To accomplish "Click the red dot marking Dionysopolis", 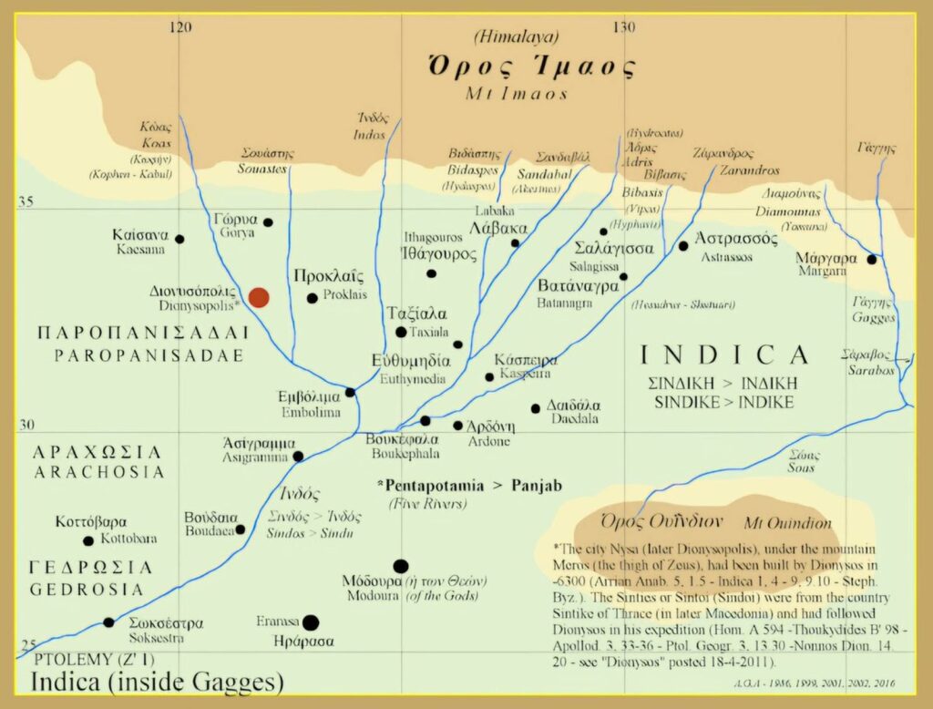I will point(259,297).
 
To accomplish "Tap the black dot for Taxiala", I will point(401,333).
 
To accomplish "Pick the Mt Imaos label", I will point(517,93).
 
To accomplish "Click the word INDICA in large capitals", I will point(723,354).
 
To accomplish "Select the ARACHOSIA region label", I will point(97,471).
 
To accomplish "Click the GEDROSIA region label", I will point(87,589).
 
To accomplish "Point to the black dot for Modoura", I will point(401,566).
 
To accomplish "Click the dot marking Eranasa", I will point(311,622).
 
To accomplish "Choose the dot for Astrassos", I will point(683,246).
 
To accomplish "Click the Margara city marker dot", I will point(871,260).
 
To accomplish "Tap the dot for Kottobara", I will point(88,540).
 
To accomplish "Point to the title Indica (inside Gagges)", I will point(157,682).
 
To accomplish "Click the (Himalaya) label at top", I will point(517,37).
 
